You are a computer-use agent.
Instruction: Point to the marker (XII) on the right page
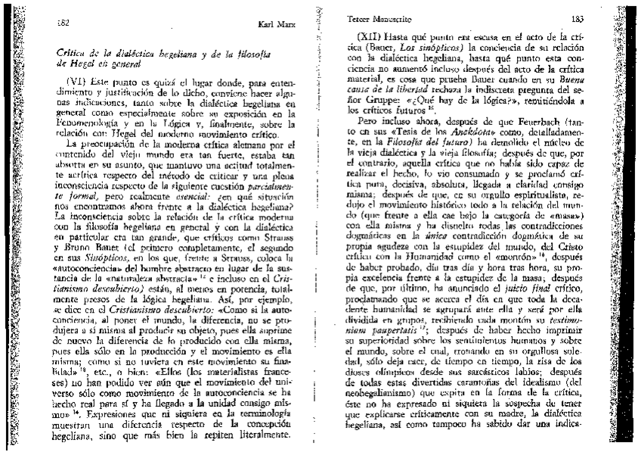pyautogui.click(x=375, y=36)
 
